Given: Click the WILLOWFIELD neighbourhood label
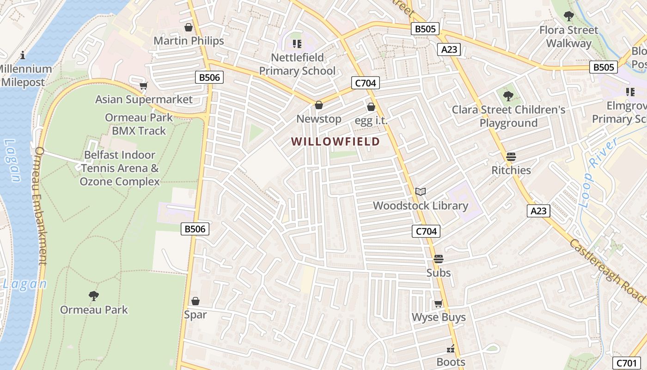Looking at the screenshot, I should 336,142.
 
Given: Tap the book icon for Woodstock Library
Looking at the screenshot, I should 420,191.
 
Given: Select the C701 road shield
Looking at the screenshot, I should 627,363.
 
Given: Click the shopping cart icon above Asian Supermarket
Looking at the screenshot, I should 144,86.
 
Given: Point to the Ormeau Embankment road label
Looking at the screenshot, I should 41,206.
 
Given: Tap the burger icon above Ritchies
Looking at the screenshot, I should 511,156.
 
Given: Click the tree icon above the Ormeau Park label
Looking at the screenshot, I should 94,296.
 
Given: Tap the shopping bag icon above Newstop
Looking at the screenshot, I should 318,105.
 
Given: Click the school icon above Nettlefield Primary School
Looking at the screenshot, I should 297,44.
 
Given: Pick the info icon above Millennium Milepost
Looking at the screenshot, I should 23,55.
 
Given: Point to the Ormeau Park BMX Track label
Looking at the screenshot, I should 139,124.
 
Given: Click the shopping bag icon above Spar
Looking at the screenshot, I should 195,301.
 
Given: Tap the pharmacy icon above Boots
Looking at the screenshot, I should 451,349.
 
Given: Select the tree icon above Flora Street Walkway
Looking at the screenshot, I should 568,16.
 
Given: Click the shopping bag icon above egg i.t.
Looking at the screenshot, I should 371,107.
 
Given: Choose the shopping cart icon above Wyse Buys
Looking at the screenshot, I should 438,304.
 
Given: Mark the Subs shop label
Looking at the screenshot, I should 438,273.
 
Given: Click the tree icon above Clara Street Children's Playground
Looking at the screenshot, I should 508,96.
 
